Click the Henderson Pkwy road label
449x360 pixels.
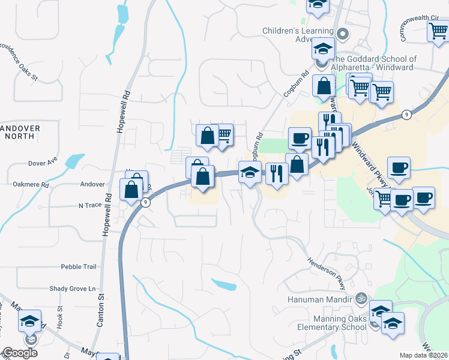tap(328, 272)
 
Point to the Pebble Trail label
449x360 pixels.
tap(78, 266)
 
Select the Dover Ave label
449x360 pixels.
tap(42, 162)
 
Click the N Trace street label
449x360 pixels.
tap(90, 205)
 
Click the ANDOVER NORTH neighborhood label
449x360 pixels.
tap(20, 132)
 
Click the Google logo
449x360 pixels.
tap(20, 352)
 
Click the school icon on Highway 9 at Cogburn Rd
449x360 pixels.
tap(250, 173)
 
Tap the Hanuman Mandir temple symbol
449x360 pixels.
tap(361, 296)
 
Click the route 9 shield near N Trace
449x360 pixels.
tap(145, 202)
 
